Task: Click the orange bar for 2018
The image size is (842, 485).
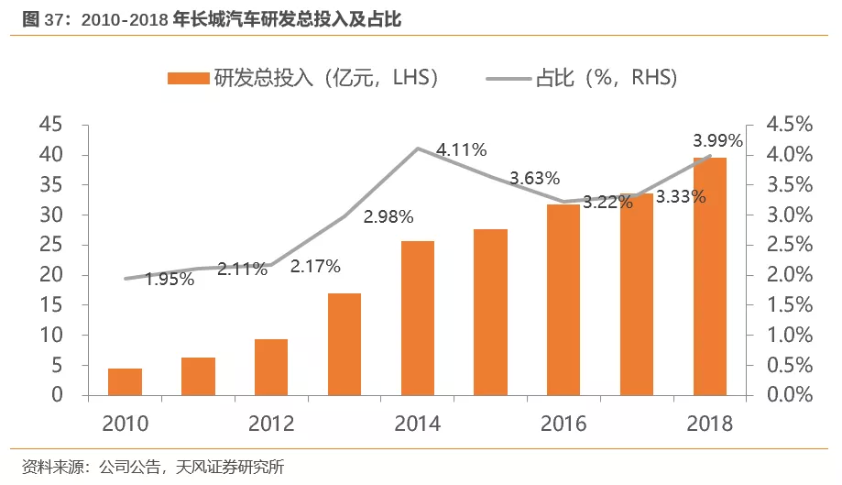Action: (710, 276)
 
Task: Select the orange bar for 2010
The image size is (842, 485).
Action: (125, 381)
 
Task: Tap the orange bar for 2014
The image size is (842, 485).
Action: (418, 317)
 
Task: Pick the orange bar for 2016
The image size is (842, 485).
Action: (563, 299)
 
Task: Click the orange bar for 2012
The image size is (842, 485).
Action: (271, 367)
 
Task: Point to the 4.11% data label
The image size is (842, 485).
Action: (461, 149)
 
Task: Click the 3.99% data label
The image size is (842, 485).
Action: (717, 140)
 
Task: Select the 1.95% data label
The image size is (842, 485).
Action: (169, 280)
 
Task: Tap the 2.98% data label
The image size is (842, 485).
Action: (388, 217)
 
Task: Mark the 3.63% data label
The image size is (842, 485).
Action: (535, 179)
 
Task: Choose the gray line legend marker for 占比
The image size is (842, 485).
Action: (508, 79)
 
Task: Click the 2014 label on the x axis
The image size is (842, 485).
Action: (418, 424)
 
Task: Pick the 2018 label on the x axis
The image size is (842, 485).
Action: (710, 424)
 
